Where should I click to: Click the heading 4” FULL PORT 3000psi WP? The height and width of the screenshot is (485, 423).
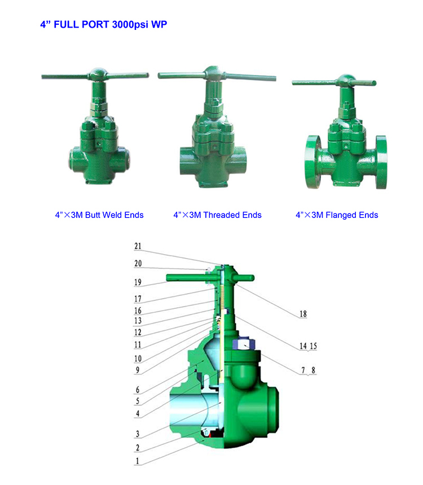coord(104,24)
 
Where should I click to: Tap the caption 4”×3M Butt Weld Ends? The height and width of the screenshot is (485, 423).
coord(99,215)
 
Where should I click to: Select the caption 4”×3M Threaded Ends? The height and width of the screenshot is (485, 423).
coord(218,215)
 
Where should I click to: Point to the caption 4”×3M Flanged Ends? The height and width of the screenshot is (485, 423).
coord(337,215)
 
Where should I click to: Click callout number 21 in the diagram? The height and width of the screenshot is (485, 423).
coord(138,246)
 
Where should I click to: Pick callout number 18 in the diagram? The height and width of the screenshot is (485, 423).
coord(303,314)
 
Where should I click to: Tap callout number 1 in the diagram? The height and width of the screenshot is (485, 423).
coord(138,461)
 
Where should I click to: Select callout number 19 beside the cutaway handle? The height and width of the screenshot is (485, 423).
coord(138,282)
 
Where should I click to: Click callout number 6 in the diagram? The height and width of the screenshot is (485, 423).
coord(138,390)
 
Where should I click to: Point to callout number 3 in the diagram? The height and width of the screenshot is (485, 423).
coord(138,434)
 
